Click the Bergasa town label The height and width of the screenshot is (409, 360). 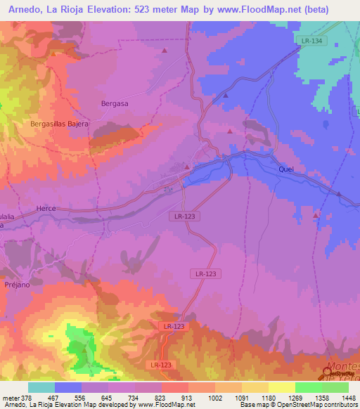(115, 103)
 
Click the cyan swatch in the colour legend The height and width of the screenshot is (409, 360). (41, 387)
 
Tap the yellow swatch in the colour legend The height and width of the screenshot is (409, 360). (281, 387)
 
